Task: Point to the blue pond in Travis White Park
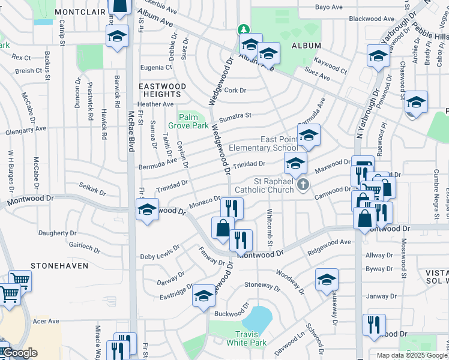pos(258,318)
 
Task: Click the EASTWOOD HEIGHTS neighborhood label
pos(162,91)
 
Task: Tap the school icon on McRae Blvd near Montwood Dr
pos(147,211)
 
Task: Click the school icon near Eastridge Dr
pos(204,295)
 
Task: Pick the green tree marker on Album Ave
pos(243,29)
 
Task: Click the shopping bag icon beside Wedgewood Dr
pos(223,228)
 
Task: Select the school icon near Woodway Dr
pos(327,279)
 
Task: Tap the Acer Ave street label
pos(46,322)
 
